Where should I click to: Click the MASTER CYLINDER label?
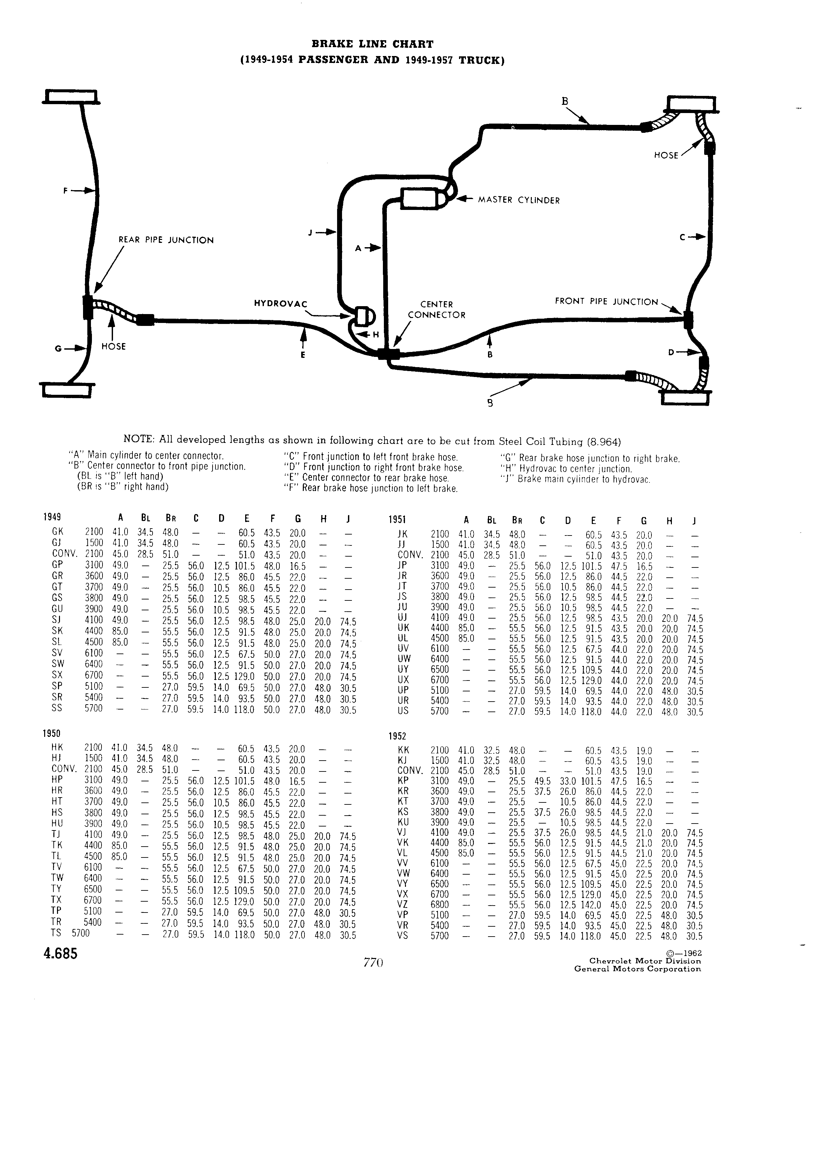click(519, 200)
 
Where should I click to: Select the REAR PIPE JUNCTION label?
click(166, 240)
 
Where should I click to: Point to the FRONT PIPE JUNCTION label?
click(607, 302)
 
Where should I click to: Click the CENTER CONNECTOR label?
click(437, 310)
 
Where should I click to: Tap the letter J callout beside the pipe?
click(310, 233)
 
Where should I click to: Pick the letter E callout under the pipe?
click(303, 355)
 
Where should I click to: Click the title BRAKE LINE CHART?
click(372, 44)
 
